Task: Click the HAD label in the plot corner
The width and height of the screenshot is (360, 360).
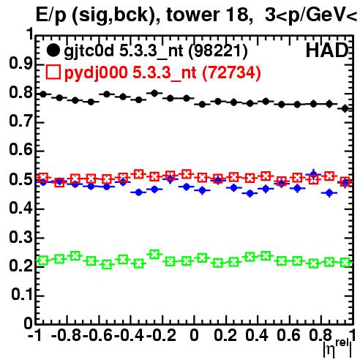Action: pos(327,50)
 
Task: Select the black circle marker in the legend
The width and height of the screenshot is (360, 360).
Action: pos(53,50)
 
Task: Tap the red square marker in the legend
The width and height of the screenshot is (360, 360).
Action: pos(53,72)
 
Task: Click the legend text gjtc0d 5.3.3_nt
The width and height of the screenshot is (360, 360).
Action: pos(124,51)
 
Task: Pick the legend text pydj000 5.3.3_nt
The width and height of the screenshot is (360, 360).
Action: pos(130,73)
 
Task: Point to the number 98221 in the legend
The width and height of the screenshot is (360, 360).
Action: pos(218,51)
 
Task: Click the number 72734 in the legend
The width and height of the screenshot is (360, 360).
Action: pos(231,73)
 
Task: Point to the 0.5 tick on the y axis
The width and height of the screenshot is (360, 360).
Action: pos(20,180)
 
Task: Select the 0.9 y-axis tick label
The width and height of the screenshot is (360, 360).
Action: pos(20,64)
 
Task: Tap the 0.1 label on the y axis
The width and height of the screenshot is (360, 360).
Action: pos(22,295)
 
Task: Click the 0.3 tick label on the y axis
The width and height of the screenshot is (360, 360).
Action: pos(20,237)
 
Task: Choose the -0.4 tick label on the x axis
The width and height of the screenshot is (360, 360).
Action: pos(130,335)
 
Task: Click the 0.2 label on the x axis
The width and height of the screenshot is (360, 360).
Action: pos(225,335)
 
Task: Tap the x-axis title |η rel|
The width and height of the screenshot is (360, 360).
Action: pos(337,348)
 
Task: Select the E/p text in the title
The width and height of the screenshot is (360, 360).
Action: pos(51,15)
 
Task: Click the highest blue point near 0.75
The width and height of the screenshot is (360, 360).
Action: pos(314,174)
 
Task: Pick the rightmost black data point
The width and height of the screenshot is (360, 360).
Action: pos(345,108)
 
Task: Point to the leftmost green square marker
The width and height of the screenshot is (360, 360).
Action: pos(43,260)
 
